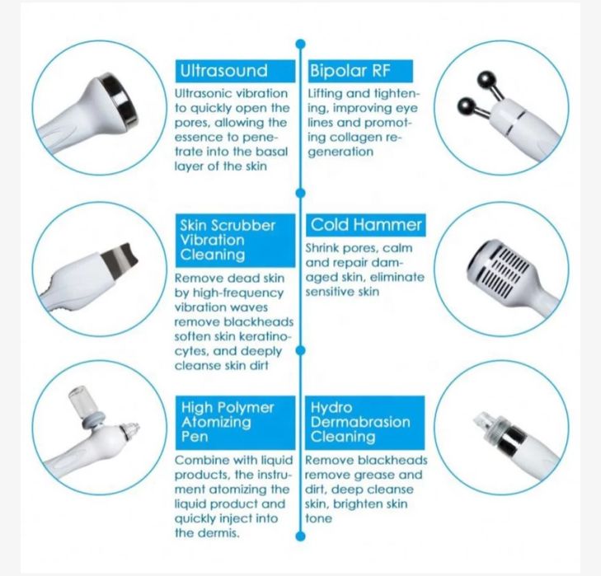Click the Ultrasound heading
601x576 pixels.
click(x=223, y=71)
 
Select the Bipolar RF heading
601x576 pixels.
click(x=349, y=71)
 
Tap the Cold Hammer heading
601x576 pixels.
click(x=366, y=225)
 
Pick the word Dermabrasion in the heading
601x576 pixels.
click(x=360, y=422)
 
